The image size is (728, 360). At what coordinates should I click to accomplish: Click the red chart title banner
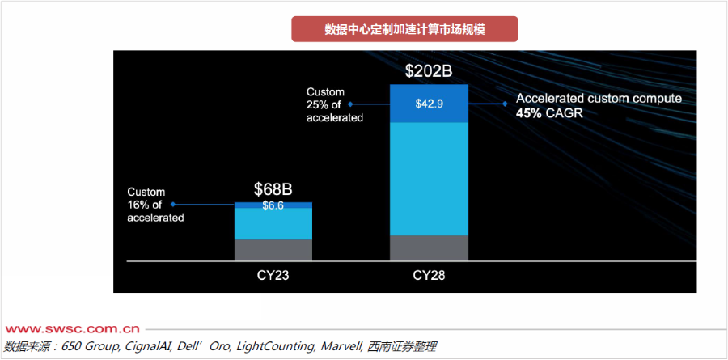click(x=404, y=29)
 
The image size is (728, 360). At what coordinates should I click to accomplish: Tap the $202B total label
click(x=428, y=71)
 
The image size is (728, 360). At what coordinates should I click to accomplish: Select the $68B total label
click(x=273, y=189)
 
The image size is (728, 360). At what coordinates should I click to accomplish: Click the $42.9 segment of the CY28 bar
click(x=429, y=104)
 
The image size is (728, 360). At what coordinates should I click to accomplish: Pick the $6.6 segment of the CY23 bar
click(x=273, y=205)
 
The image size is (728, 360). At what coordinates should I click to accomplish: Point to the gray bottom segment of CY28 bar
click(x=429, y=248)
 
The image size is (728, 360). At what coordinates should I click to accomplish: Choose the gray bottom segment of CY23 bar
click(x=273, y=249)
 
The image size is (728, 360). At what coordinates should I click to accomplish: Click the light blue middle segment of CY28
click(x=429, y=178)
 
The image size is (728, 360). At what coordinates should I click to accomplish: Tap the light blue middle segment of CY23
click(x=273, y=224)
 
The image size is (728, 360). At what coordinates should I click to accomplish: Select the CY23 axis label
click(x=273, y=275)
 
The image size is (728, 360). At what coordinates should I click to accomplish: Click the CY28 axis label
click(x=429, y=275)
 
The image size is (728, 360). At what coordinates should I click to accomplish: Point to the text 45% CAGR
click(x=549, y=114)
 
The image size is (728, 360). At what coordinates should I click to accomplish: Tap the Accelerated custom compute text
click(x=599, y=99)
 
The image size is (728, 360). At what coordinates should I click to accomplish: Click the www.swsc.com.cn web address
click(x=73, y=329)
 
